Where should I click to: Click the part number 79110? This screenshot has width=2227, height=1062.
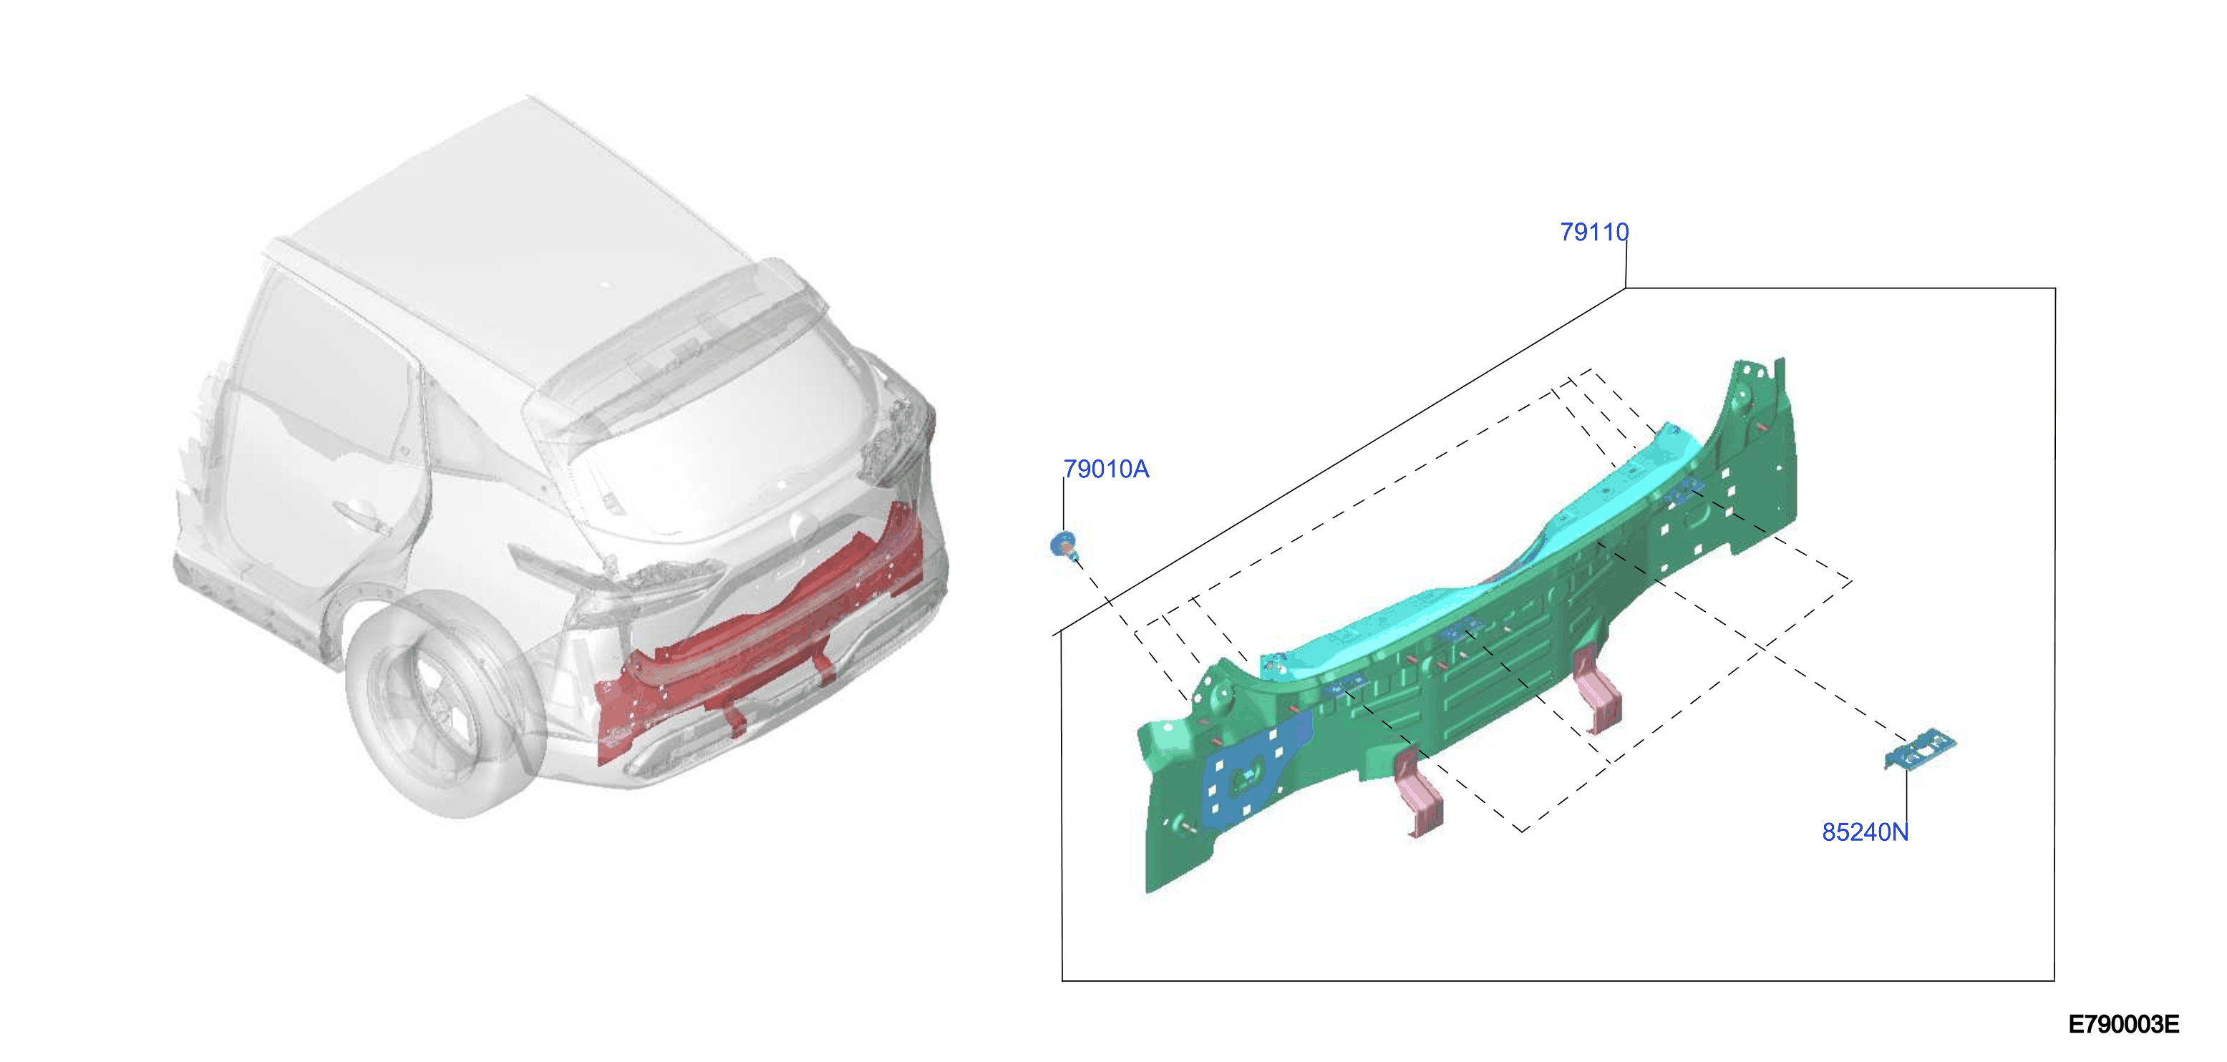pyautogui.click(x=1594, y=232)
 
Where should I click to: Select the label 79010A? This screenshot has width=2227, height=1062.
pyautogui.click(x=1106, y=469)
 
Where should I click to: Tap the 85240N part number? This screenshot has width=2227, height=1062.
pyautogui.click(x=1865, y=832)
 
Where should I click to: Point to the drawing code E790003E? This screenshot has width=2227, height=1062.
pyautogui.click(x=2123, y=1024)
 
